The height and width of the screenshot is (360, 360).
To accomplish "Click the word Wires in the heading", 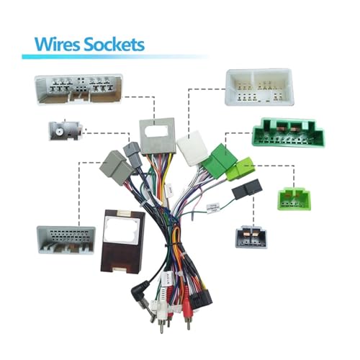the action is pos(57,45).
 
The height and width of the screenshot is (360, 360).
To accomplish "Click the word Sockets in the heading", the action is pos(114,45).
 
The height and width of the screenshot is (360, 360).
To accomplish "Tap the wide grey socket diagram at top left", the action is pos(79,90).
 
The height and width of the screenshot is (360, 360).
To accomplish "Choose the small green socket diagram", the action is pos(294,197).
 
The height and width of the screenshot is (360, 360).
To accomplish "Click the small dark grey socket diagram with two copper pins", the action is pos(251,237).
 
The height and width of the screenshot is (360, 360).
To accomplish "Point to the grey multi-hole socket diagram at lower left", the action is pos(66,240).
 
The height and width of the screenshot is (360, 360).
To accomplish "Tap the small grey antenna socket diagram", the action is pos(66,130).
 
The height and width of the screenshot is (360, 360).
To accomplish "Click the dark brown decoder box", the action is pos(122,242).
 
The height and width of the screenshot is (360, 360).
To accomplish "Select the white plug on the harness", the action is pos(192,148).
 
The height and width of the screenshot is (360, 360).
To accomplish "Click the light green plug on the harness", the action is pos(240,168).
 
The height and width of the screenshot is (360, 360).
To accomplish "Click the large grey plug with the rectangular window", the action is pos(158,136).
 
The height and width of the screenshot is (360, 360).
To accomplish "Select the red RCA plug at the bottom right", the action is pos(186,312).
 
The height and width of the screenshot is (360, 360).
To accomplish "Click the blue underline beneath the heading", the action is pos(114,57).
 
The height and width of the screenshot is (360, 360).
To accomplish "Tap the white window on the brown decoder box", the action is pos(122,230).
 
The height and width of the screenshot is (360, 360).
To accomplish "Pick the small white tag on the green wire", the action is pos(213,207).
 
